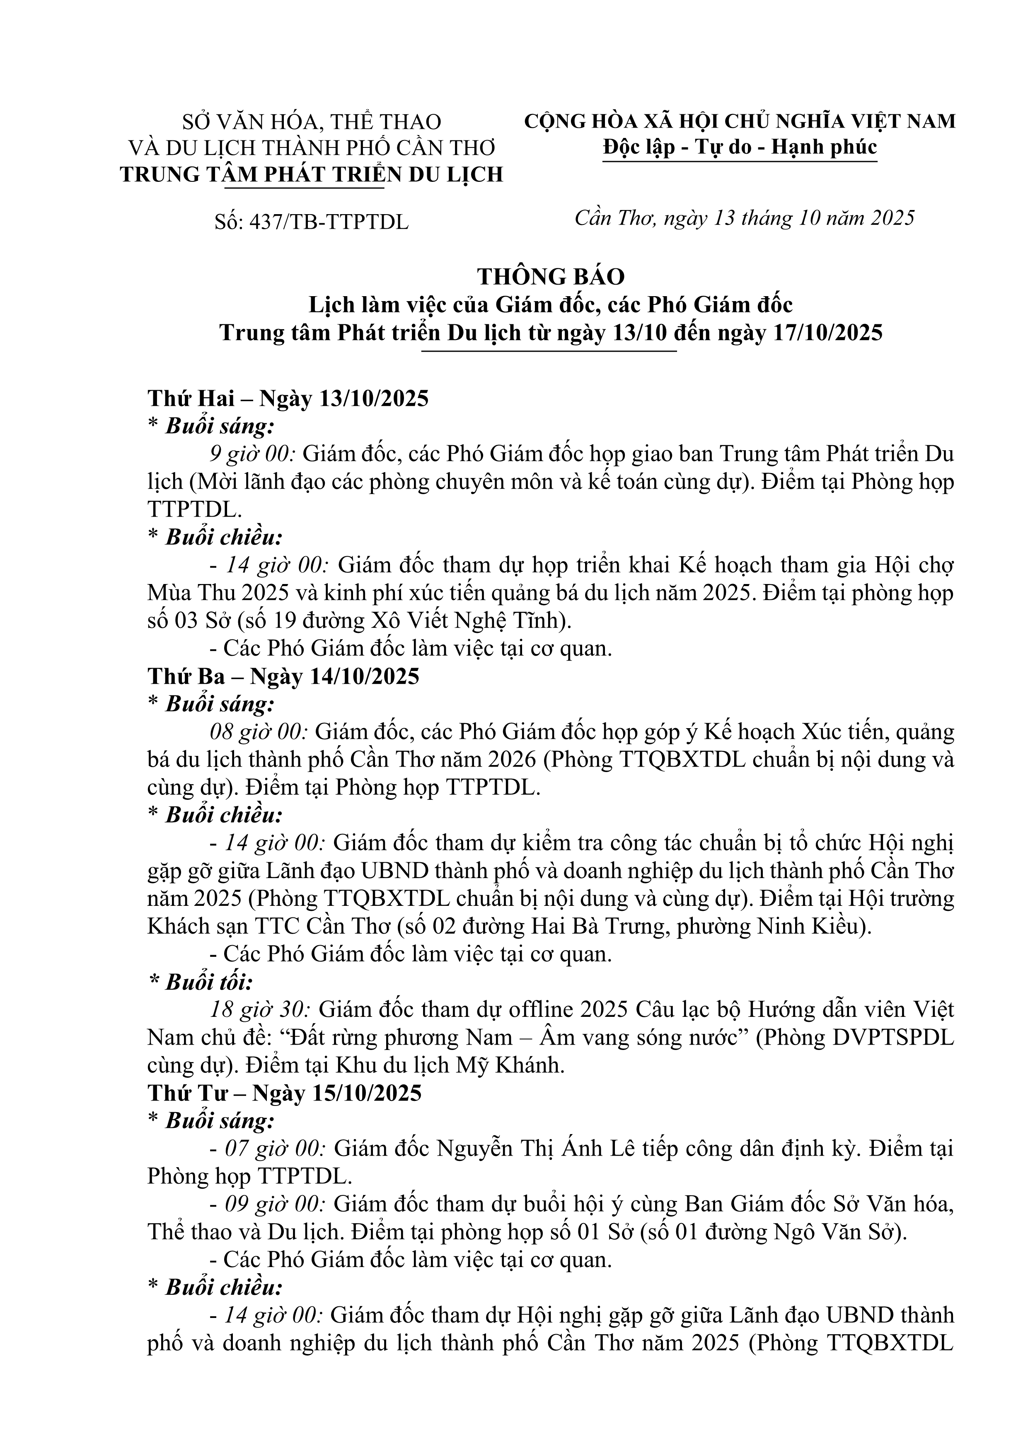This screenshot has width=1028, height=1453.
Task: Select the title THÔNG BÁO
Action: point(551,277)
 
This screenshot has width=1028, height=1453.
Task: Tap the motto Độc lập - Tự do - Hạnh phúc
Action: point(739,147)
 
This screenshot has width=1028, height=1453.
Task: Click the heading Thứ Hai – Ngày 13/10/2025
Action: point(288,399)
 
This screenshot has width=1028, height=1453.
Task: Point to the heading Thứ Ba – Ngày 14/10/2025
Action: point(283,676)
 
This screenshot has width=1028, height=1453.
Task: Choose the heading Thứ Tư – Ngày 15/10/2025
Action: point(284,1093)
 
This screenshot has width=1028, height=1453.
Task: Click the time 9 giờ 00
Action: point(253,454)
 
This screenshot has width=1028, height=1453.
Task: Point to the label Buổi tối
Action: point(208,982)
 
